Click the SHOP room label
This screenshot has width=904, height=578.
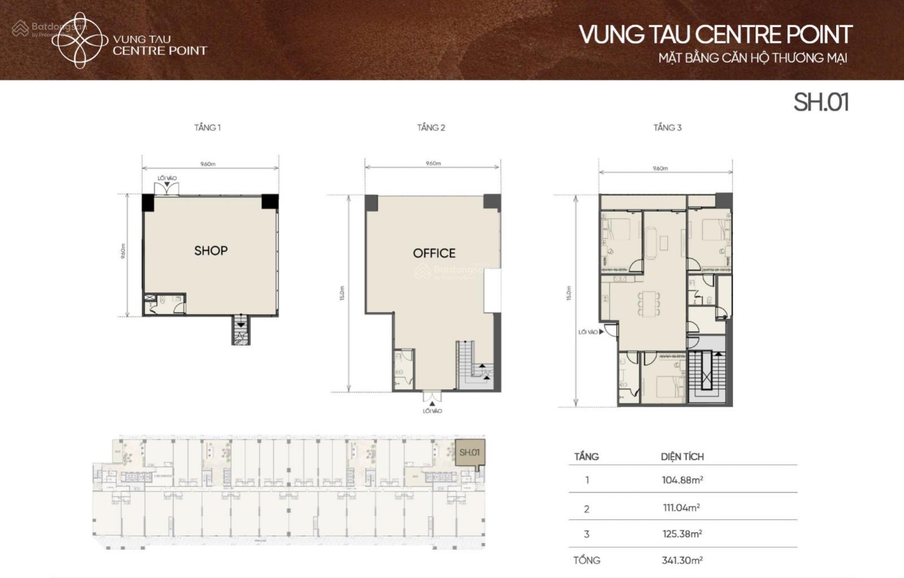211,251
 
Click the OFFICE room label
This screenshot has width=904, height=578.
434,253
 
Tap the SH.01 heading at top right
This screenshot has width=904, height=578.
821,102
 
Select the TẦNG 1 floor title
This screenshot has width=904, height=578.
207,128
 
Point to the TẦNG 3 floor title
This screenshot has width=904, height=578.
667,128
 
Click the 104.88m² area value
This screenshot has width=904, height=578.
683,480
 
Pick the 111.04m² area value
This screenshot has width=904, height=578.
681,508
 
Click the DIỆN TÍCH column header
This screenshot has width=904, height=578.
683,457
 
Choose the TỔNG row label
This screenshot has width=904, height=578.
586,560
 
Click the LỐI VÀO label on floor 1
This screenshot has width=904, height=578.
167,179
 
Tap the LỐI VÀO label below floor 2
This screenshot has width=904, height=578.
432,411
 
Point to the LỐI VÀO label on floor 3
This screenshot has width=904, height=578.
588,332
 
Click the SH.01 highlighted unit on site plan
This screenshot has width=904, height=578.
470,453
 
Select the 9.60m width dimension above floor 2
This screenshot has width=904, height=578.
433,163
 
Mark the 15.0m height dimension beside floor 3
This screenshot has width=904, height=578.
569,293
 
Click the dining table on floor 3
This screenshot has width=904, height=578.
649,303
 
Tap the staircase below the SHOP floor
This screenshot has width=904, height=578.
241,331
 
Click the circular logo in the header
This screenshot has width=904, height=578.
80,40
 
